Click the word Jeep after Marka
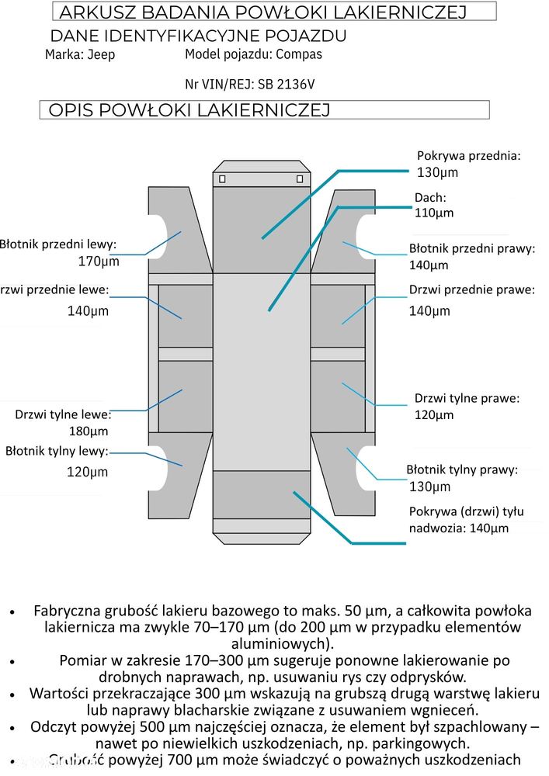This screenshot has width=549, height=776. (102, 55)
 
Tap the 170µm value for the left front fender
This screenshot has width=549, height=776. (99, 262)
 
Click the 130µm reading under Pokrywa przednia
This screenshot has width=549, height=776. (437, 172)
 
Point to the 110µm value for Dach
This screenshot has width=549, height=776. (434, 213)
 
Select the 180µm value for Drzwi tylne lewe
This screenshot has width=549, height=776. (89, 431)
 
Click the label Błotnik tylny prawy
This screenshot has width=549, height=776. (462, 469)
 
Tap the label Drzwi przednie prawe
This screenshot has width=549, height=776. (472, 290)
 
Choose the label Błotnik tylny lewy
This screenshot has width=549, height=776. (57, 451)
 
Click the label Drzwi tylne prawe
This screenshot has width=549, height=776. (467, 398)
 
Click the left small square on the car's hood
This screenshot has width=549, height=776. (223, 179)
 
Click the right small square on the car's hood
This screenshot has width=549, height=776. (300, 179)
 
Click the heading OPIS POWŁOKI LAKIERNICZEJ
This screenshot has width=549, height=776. (189, 110)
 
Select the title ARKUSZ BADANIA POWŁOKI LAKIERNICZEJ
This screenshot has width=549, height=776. (262, 12)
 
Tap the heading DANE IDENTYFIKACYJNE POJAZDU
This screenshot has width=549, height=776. (198, 36)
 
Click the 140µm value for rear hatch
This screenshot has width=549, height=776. (488, 528)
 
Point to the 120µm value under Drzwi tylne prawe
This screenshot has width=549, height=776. (434, 415)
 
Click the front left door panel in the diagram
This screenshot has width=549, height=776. (185, 316)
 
